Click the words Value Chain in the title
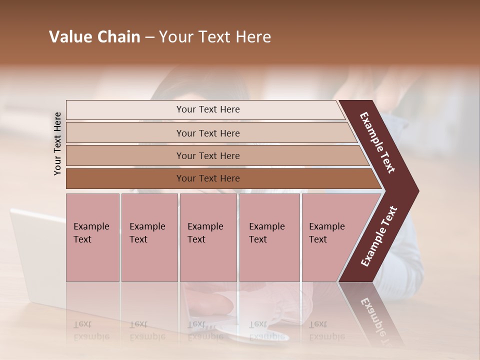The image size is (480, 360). point(94,37)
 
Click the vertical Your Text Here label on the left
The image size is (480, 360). point(57,143)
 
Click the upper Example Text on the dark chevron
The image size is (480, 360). point(377,142)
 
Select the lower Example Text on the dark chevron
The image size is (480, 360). point(379,236)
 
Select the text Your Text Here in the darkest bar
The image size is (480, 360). point(208,178)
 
